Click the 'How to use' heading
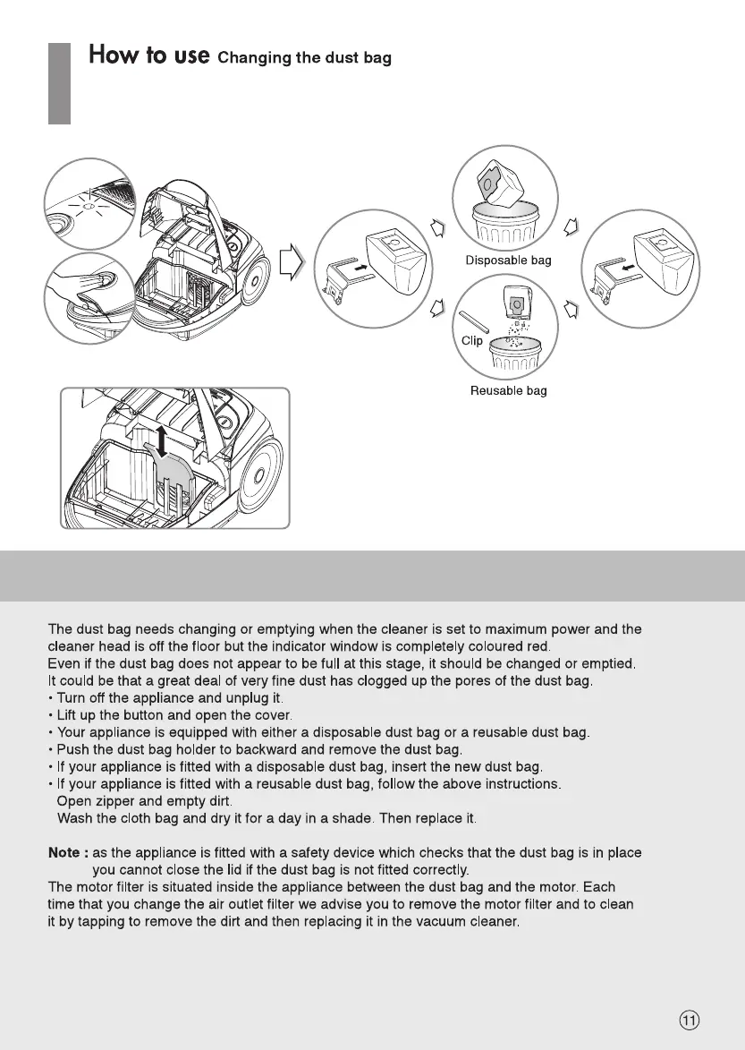pyautogui.click(x=149, y=55)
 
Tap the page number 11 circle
pyautogui.click(x=689, y=1020)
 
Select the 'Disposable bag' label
pyautogui.click(x=508, y=260)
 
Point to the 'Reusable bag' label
pyautogui.click(x=508, y=390)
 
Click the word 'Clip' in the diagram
pyautogui.click(x=471, y=340)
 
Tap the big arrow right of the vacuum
pyautogui.click(x=292, y=262)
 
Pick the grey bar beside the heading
pyautogui.click(x=58, y=83)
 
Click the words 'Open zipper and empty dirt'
pyautogui.click(x=144, y=800)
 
